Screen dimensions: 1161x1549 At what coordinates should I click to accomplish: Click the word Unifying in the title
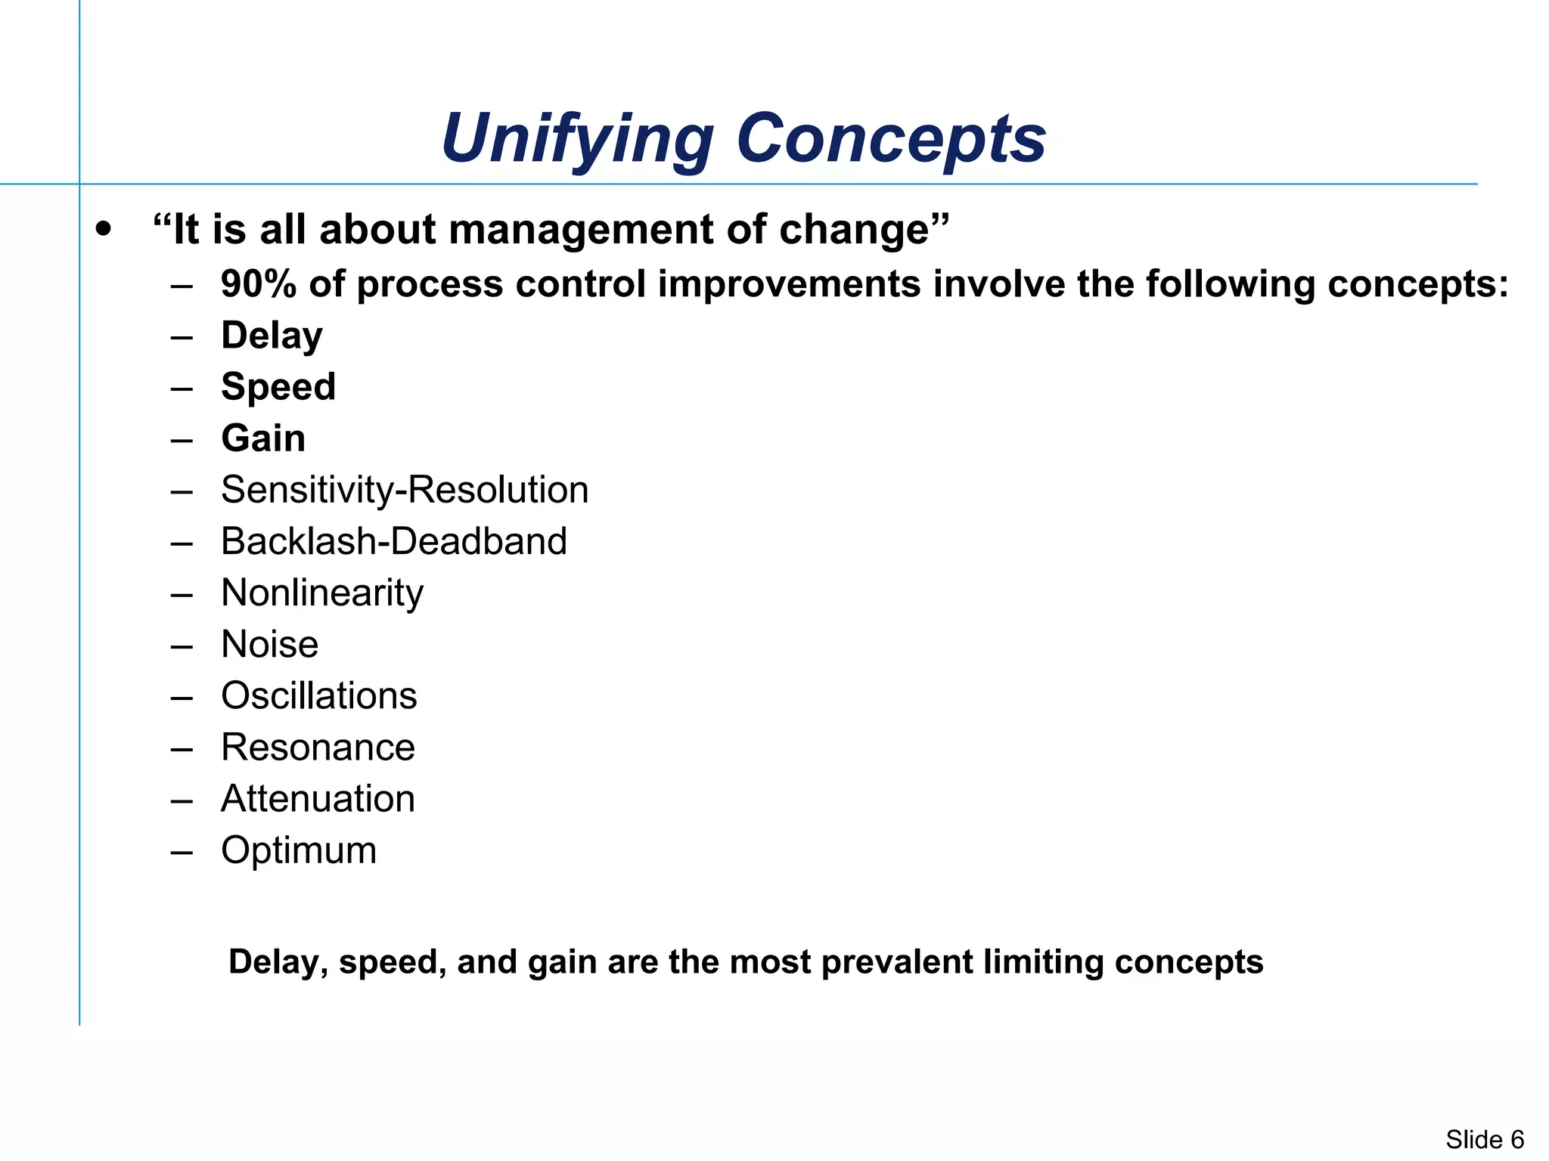tap(577, 139)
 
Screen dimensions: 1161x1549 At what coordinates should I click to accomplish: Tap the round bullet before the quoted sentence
tap(104, 228)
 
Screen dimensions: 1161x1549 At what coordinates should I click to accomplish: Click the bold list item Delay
tap(272, 336)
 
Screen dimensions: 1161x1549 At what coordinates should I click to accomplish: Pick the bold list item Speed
tap(278, 388)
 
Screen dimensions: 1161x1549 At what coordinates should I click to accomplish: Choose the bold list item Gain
tap(263, 438)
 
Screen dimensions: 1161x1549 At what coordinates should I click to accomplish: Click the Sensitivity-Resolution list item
tap(405, 490)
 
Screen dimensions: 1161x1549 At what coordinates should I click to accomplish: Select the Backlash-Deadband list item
tap(394, 541)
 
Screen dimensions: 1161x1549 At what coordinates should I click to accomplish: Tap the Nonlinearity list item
tap(322, 593)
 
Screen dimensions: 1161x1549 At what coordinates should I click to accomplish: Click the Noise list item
tap(270, 645)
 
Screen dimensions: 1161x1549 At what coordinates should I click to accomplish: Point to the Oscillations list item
tap(319, 696)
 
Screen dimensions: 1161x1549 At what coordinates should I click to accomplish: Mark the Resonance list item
tap(318, 748)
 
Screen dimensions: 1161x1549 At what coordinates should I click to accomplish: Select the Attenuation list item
tap(318, 799)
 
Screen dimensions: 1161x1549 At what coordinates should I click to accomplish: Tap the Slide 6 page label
tap(1485, 1139)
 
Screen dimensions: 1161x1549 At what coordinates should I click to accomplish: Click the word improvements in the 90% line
tap(789, 285)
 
